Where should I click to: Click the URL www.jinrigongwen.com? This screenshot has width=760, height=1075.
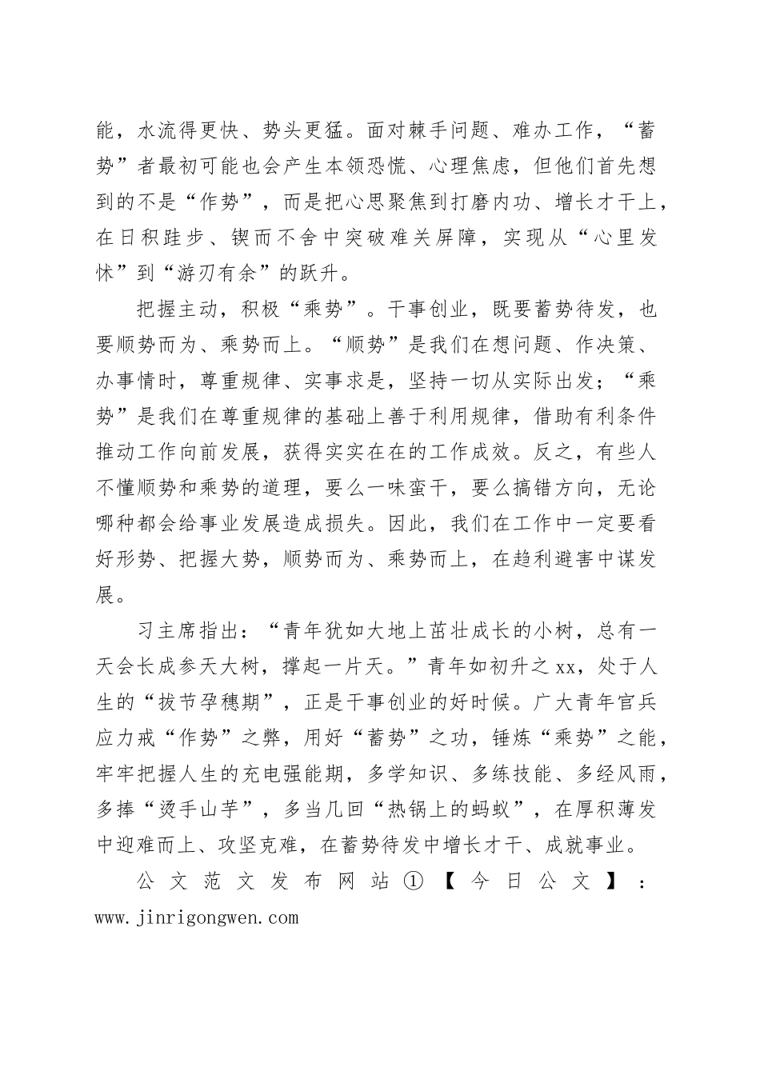coord(196,917)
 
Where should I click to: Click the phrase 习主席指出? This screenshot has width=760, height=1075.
coord(177,630)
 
